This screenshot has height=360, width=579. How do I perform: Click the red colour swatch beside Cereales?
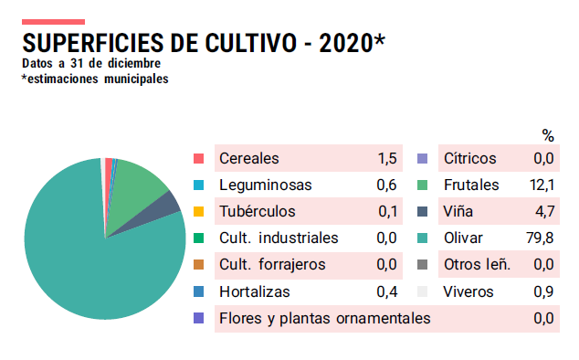point(199,159)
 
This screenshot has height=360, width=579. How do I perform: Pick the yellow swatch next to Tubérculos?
point(199,212)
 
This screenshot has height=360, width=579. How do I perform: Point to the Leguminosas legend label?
point(265,185)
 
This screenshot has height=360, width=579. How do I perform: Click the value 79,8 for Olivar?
point(543,238)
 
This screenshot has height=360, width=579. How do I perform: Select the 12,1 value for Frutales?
point(543,185)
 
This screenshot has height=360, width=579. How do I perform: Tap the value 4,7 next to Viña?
point(545,212)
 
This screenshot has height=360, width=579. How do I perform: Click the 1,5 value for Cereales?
point(387,159)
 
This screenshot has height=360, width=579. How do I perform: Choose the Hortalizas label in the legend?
point(255,292)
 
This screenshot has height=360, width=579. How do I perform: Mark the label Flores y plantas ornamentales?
point(324,319)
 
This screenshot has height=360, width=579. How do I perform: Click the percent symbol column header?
point(548,136)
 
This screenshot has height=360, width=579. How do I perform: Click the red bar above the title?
point(53,21)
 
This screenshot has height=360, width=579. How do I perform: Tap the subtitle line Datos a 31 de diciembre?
point(91,64)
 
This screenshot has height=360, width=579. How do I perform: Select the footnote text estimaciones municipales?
point(97,79)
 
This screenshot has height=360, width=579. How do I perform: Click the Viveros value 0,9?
point(543,292)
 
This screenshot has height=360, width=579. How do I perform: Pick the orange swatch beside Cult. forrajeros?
point(199,265)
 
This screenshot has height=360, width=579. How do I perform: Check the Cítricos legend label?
point(469,159)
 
